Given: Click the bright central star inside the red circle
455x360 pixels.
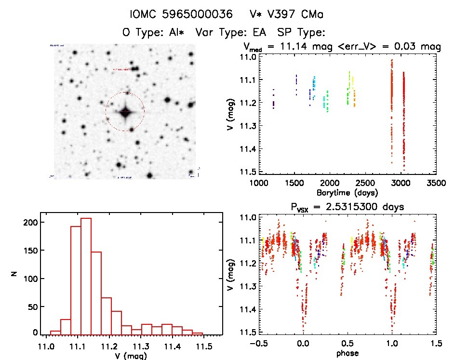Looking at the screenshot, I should [125, 112].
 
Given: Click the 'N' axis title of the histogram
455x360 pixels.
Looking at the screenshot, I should [14, 274].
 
